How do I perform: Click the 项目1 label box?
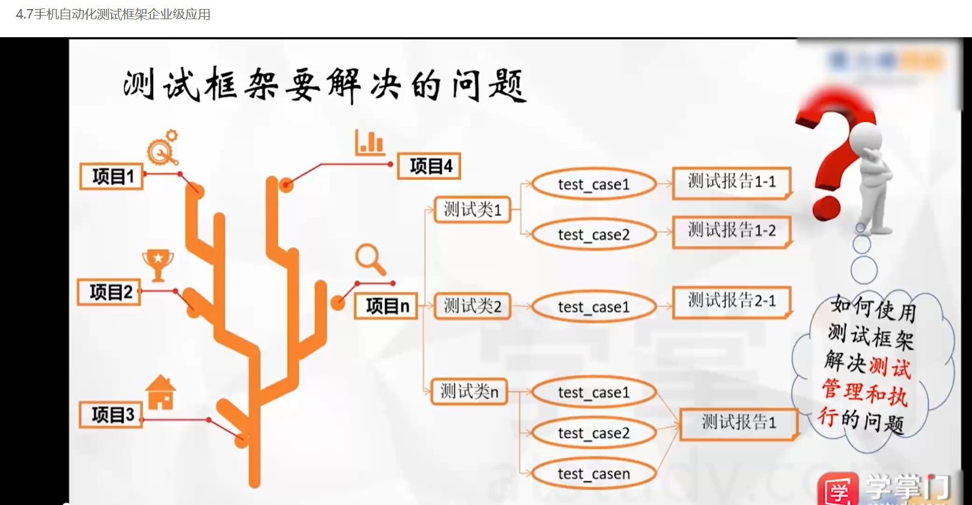[112, 177]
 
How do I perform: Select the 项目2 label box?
[109, 292]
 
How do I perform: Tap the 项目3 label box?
[111, 415]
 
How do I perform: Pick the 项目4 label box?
[429, 166]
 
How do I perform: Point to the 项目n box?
[386, 306]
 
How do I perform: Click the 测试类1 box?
[472, 210]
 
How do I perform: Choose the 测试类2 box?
[472, 306]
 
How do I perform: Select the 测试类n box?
[469, 392]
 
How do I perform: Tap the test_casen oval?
[594, 474]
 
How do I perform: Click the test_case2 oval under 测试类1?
[594, 234]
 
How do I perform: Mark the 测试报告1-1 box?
[731, 182]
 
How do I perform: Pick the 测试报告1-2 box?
[731, 231]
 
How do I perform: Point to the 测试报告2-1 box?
[731, 301]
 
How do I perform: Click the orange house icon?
[160, 393]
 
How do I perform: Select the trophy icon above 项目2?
[158, 264]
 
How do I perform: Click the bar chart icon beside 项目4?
[369, 143]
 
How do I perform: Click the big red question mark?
[832, 156]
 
